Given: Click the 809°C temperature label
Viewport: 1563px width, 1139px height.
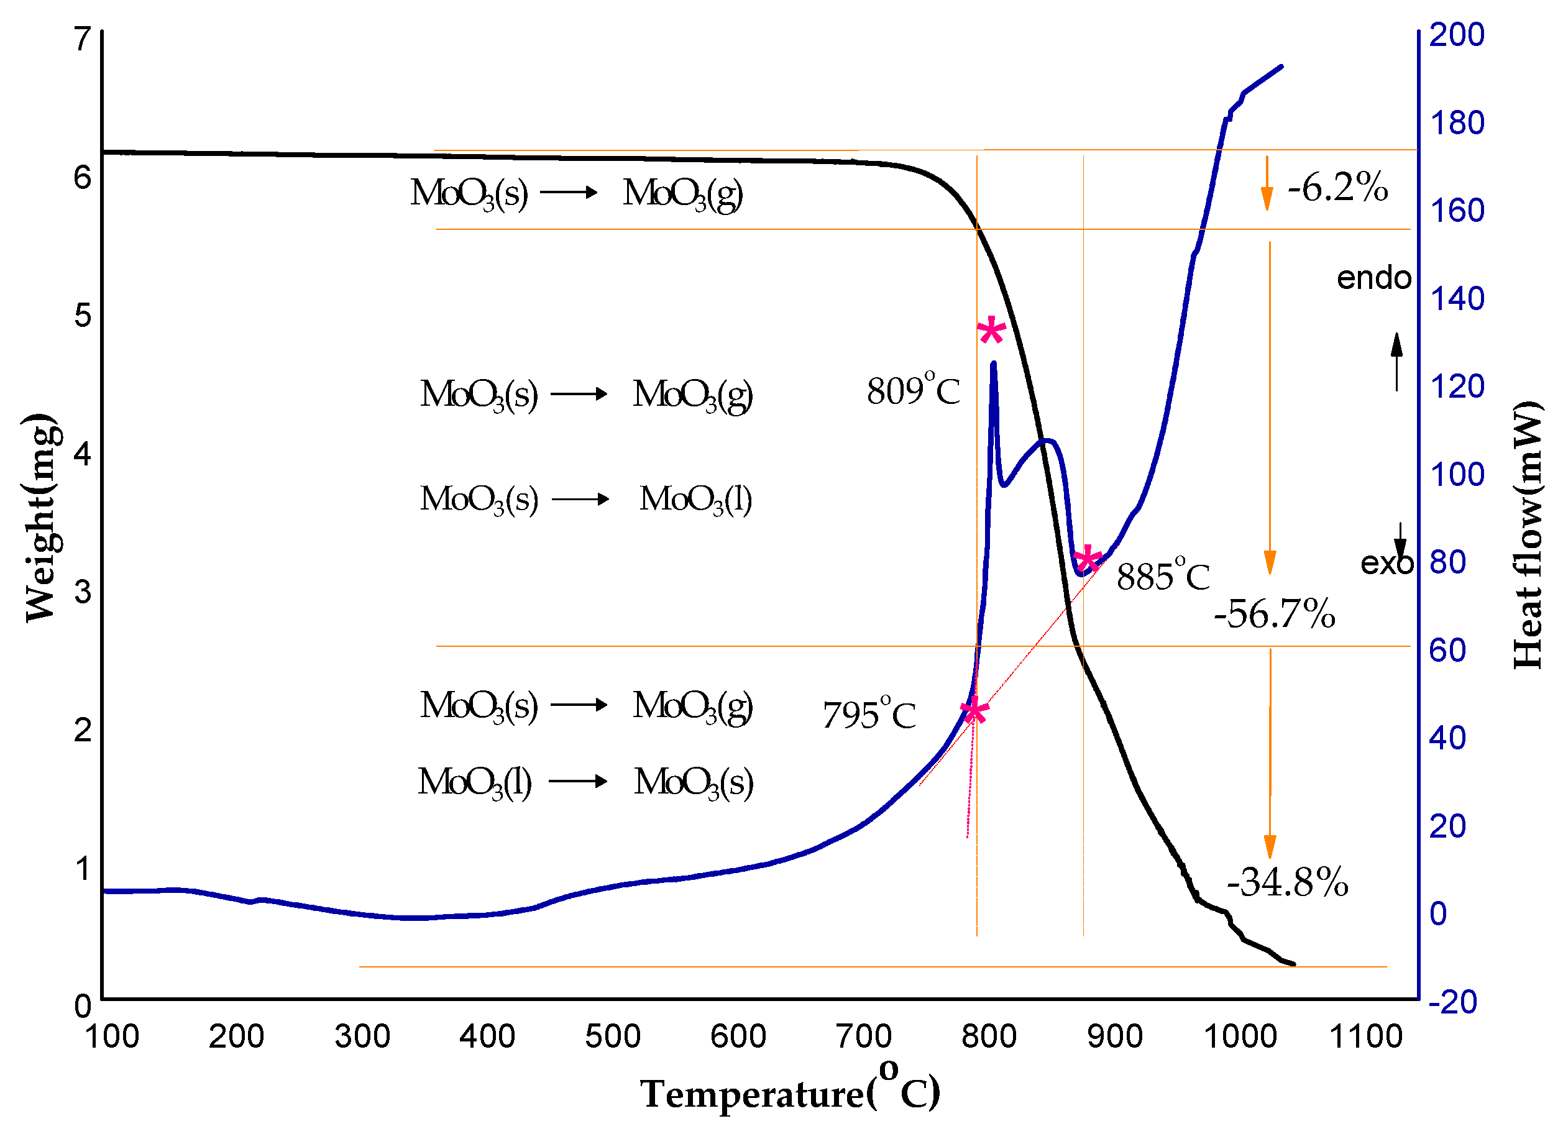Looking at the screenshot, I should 913,391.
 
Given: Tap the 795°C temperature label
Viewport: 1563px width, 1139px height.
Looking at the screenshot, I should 869,715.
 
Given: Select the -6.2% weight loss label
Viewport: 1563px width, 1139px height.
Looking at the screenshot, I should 1337,188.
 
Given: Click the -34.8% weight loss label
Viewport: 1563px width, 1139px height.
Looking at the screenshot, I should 1287,882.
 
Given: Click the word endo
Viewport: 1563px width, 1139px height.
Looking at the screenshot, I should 1373,278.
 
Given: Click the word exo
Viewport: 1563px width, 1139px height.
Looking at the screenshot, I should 1387,564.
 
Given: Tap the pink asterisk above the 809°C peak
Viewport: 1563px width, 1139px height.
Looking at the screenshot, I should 991,332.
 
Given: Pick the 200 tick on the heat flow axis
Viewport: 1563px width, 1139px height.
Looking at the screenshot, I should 1456,34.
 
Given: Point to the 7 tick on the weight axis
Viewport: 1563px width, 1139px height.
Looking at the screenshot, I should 83,39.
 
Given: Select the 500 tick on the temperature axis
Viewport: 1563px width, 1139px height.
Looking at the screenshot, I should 613,1037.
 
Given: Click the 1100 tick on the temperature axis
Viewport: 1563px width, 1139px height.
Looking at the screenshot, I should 1365,1037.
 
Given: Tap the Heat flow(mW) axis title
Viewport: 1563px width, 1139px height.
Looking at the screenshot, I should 1527,534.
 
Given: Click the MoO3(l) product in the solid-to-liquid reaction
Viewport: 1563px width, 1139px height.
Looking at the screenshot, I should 695,499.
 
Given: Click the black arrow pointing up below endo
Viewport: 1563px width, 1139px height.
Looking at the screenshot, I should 1397,360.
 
